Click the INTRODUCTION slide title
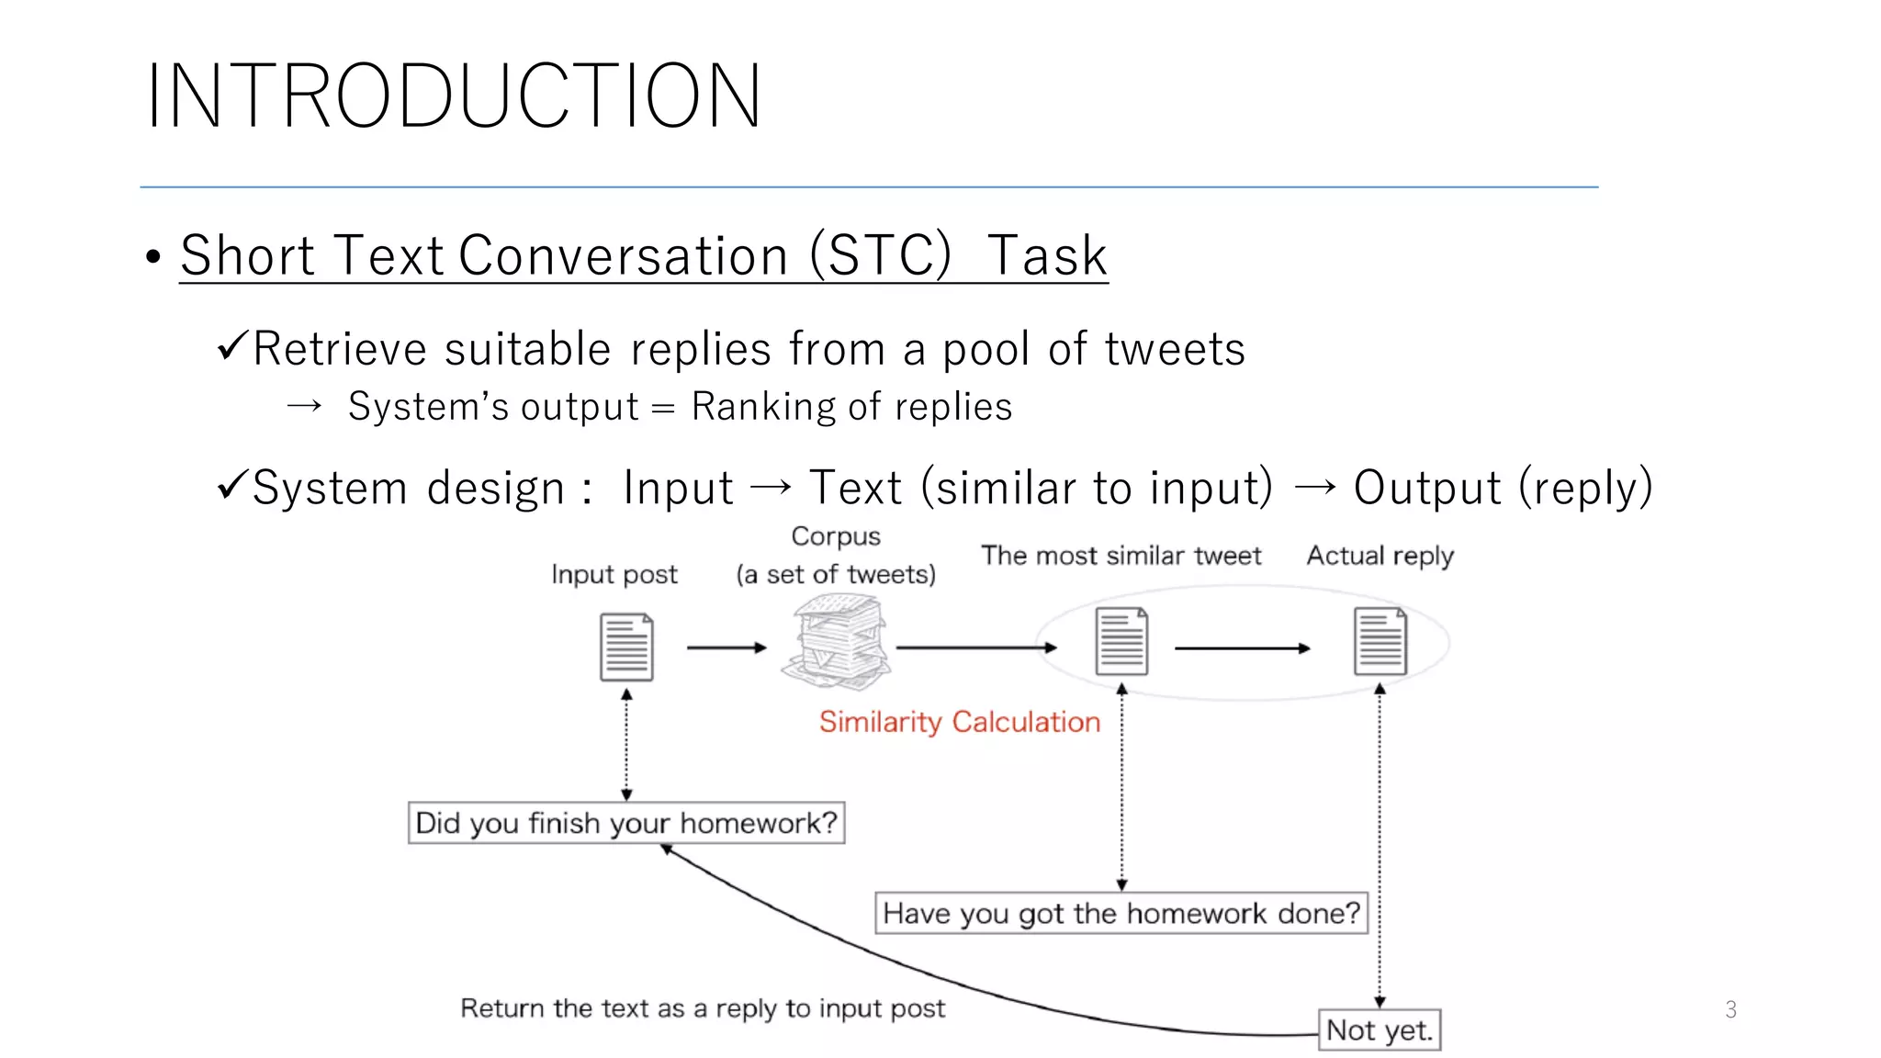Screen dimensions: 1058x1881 (x=454, y=96)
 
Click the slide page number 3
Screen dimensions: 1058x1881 (x=1730, y=1009)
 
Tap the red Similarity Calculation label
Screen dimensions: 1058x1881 (x=959, y=722)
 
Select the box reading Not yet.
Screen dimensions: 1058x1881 (x=1380, y=1030)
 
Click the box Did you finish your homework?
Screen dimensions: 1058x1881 (x=626, y=823)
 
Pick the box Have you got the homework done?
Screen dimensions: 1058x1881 (x=1121, y=913)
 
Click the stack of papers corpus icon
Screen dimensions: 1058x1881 (x=836, y=643)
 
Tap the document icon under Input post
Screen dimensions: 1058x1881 (x=626, y=647)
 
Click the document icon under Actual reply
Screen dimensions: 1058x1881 (x=1380, y=642)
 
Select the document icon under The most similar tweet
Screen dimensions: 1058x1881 (x=1121, y=642)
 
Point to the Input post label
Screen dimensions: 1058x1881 (x=614, y=575)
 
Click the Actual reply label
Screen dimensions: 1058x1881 (x=1380, y=556)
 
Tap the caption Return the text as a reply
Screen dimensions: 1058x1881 (x=702, y=1008)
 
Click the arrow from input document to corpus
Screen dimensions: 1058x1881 (x=726, y=647)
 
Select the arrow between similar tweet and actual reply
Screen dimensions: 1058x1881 (x=1242, y=648)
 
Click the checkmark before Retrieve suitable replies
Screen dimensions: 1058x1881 (x=231, y=346)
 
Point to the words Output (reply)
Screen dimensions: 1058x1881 (x=1503, y=488)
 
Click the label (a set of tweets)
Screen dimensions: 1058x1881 (x=836, y=575)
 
